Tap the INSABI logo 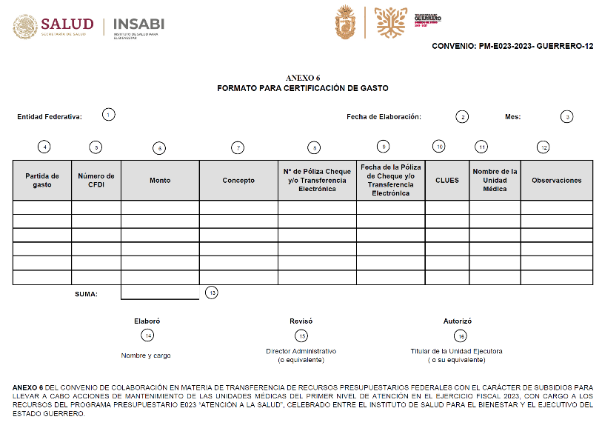point(138,24)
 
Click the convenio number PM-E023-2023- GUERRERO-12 point(512,46)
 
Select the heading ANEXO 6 point(302,78)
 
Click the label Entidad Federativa point(50,116)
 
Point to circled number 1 point(109,115)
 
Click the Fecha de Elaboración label point(384,116)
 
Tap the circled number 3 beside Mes point(566,116)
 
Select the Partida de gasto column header point(42,180)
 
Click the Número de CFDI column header point(96,180)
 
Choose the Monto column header point(160,180)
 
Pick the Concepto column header point(238,180)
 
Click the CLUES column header point(447,180)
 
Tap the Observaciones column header point(556,180)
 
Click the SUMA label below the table point(86,294)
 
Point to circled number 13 point(212,293)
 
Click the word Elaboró point(147,321)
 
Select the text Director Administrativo point(301,351)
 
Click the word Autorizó point(457,321)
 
